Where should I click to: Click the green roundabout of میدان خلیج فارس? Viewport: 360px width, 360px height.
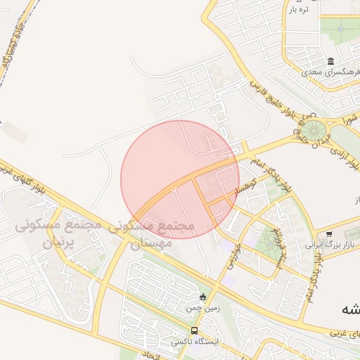[x=314, y=129]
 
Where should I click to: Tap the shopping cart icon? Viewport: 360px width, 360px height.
[x=329, y=234]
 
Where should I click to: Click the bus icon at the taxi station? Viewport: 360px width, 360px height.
[x=195, y=330]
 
